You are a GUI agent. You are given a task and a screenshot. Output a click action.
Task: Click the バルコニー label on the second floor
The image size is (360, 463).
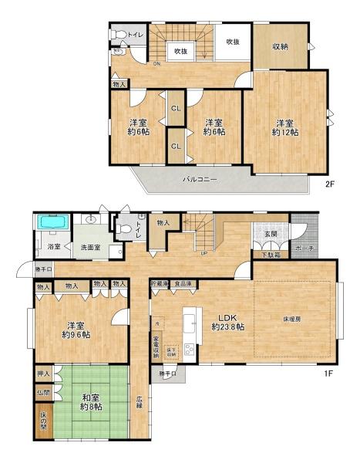point(199,179)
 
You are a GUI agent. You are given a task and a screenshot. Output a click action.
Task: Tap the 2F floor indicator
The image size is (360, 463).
point(329,185)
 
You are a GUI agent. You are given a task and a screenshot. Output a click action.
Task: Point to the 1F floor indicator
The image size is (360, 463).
point(328,374)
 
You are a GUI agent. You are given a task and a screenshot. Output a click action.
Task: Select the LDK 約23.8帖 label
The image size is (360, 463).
point(228,322)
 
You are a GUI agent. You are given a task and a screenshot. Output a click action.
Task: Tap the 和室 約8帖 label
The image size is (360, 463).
point(91,404)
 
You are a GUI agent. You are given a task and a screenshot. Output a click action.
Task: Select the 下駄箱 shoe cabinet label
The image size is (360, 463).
point(271,254)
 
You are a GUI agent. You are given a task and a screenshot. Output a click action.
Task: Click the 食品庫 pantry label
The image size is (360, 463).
point(183,284)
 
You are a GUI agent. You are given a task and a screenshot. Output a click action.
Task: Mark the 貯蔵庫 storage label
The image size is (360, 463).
point(159,284)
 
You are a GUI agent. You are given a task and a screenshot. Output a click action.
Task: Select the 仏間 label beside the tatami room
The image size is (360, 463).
point(42,392)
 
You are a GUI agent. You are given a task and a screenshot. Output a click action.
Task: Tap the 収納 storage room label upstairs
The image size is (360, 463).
point(279,46)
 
